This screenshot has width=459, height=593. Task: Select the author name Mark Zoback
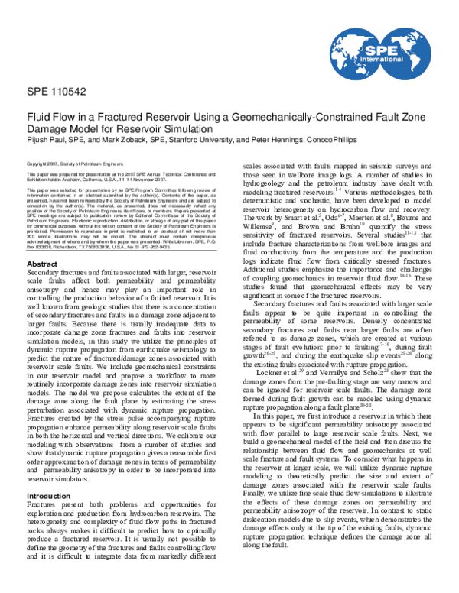pyautogui.click(x=129, y=138)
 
